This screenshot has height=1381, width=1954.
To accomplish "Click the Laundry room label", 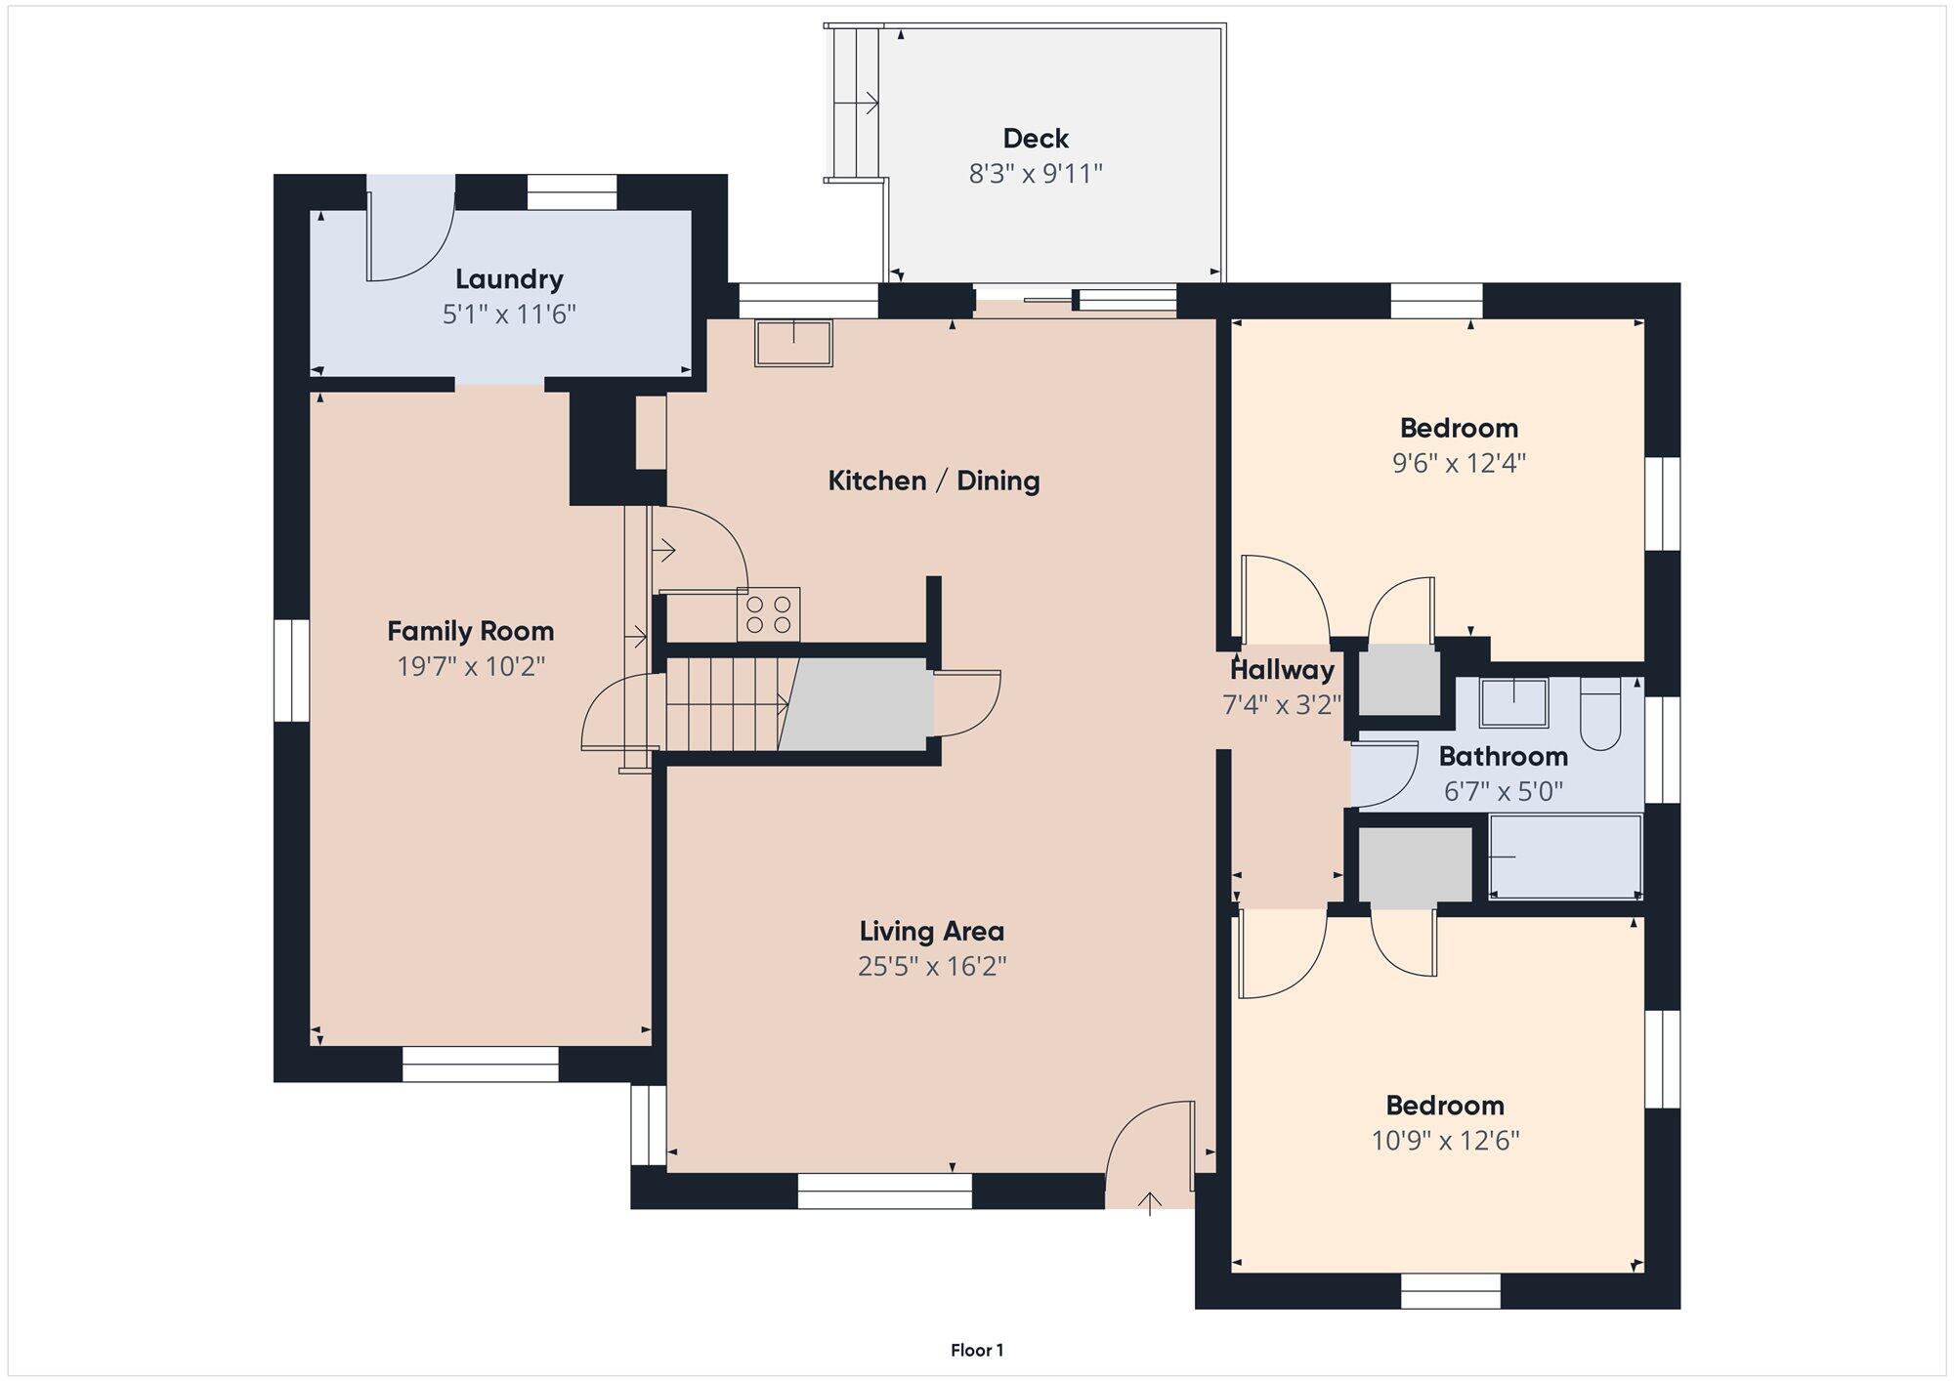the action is tap(509, 280).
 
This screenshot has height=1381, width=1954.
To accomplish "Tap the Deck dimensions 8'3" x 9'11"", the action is tap(1036, 174).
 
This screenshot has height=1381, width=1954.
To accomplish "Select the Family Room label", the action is tap(471, 632).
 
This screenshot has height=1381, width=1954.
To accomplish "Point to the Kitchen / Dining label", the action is tap(934, 481).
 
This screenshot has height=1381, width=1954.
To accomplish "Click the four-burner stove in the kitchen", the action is tap(769, 614).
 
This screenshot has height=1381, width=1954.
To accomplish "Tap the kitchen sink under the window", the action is tap(793, 343).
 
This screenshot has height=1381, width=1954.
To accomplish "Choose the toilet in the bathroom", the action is tap(1600, 715).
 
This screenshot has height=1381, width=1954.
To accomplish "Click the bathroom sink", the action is tap(1513, 703).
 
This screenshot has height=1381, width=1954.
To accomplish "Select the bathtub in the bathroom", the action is tap(1565, 857).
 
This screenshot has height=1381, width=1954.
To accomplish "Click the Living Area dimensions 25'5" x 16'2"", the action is tap(932, 967).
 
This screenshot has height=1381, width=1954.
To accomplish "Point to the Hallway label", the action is tap(1282, 671).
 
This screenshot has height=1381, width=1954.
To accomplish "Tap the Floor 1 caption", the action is tap(977, 1351).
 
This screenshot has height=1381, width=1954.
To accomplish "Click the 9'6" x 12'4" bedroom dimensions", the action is tap(1459, 463).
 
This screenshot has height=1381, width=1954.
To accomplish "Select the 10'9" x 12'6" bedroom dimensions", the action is tap(1445, 1141).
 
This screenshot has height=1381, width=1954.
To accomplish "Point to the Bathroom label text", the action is tap(1503, 757).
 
